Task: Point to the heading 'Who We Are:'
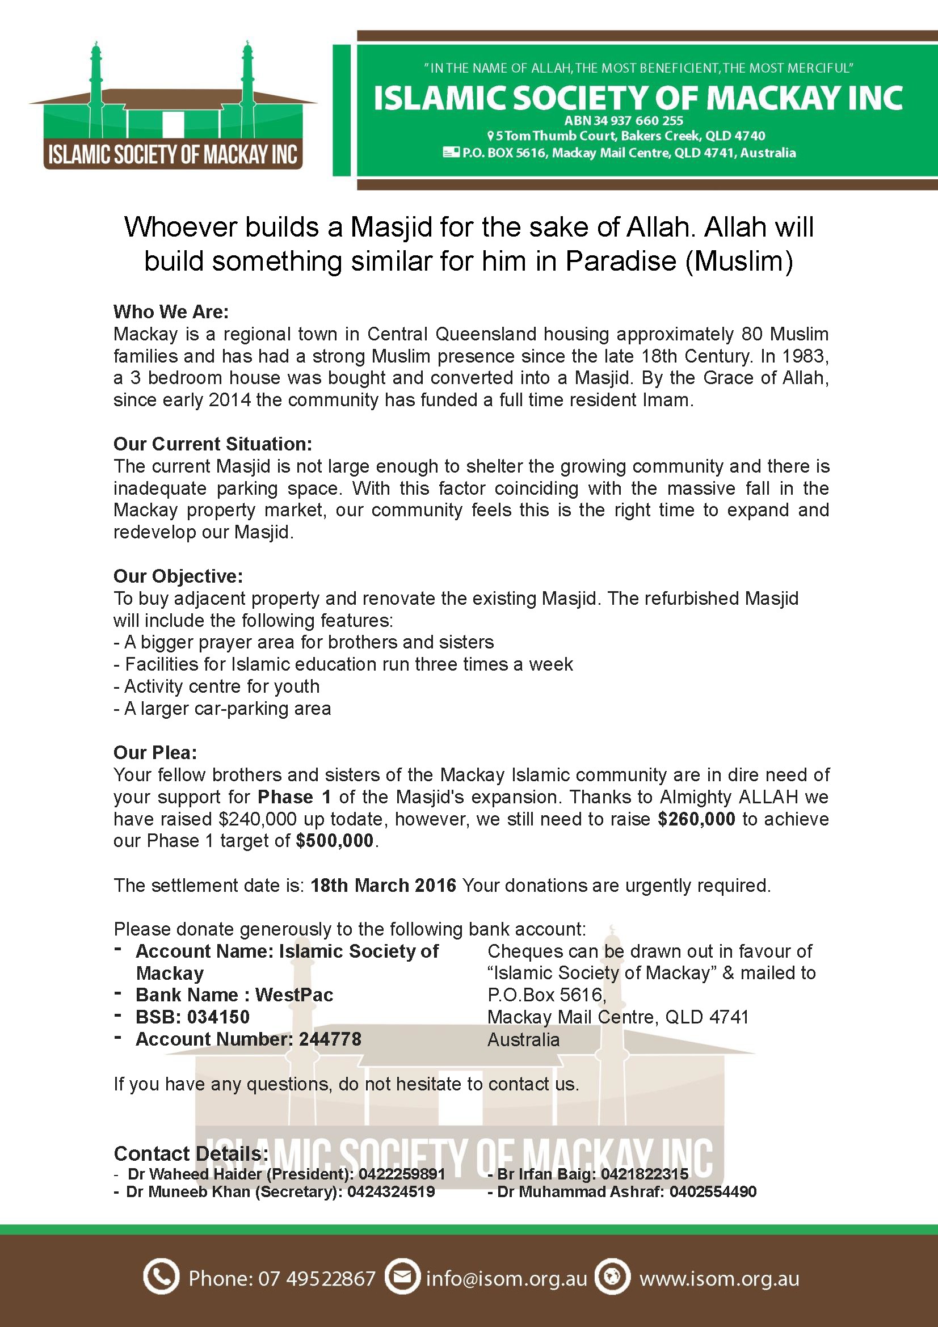(171, 312)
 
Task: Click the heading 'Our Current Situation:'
(213, 444)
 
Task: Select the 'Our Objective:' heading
(178, 576)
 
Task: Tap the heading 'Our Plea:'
(155, 752)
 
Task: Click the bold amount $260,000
(696, 819)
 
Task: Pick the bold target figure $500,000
(335, 841)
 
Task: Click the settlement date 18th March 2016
(383, 886)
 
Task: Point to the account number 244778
(330, 1039)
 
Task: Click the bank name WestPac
(294, 995)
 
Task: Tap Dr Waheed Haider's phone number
(402, 1174)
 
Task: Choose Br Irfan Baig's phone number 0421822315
(645, 1174)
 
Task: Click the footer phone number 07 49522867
(317, 1278)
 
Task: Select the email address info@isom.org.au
(506, 1278)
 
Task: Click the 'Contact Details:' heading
(191, 1153)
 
